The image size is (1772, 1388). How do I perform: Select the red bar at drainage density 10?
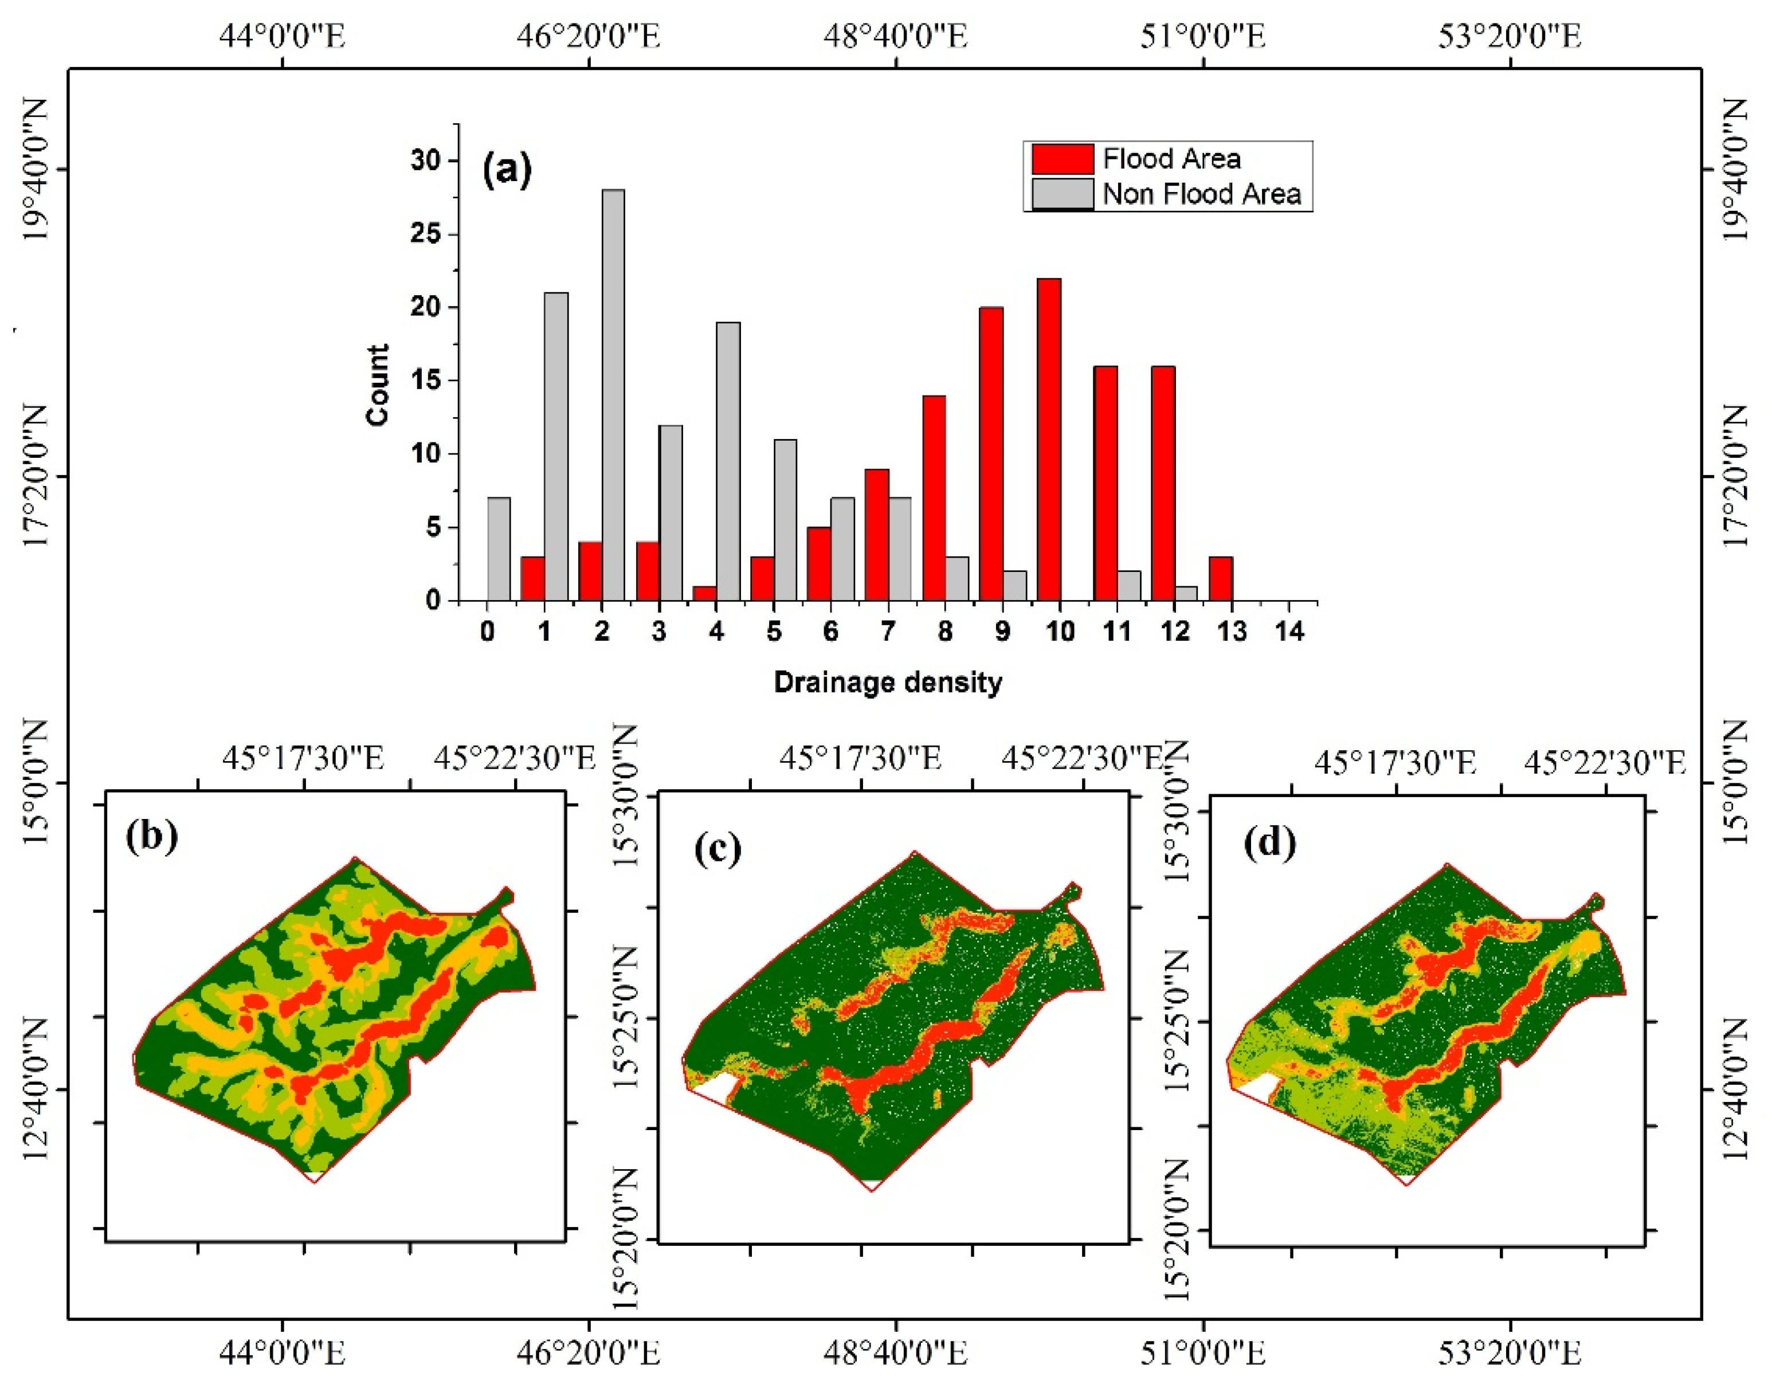tap(1048, 440)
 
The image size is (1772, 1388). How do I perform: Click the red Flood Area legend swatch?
tap(1062, 159)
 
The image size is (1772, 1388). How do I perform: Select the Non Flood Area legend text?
tap(1201, 194)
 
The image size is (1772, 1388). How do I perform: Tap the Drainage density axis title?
tap(887, 682)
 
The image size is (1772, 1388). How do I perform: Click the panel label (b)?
tap(151, 836)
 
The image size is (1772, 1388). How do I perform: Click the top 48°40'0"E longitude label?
tap(896, 36)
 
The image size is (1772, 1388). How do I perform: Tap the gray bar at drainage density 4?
tap(727, 461)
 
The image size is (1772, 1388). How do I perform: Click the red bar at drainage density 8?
tap(934, 498)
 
